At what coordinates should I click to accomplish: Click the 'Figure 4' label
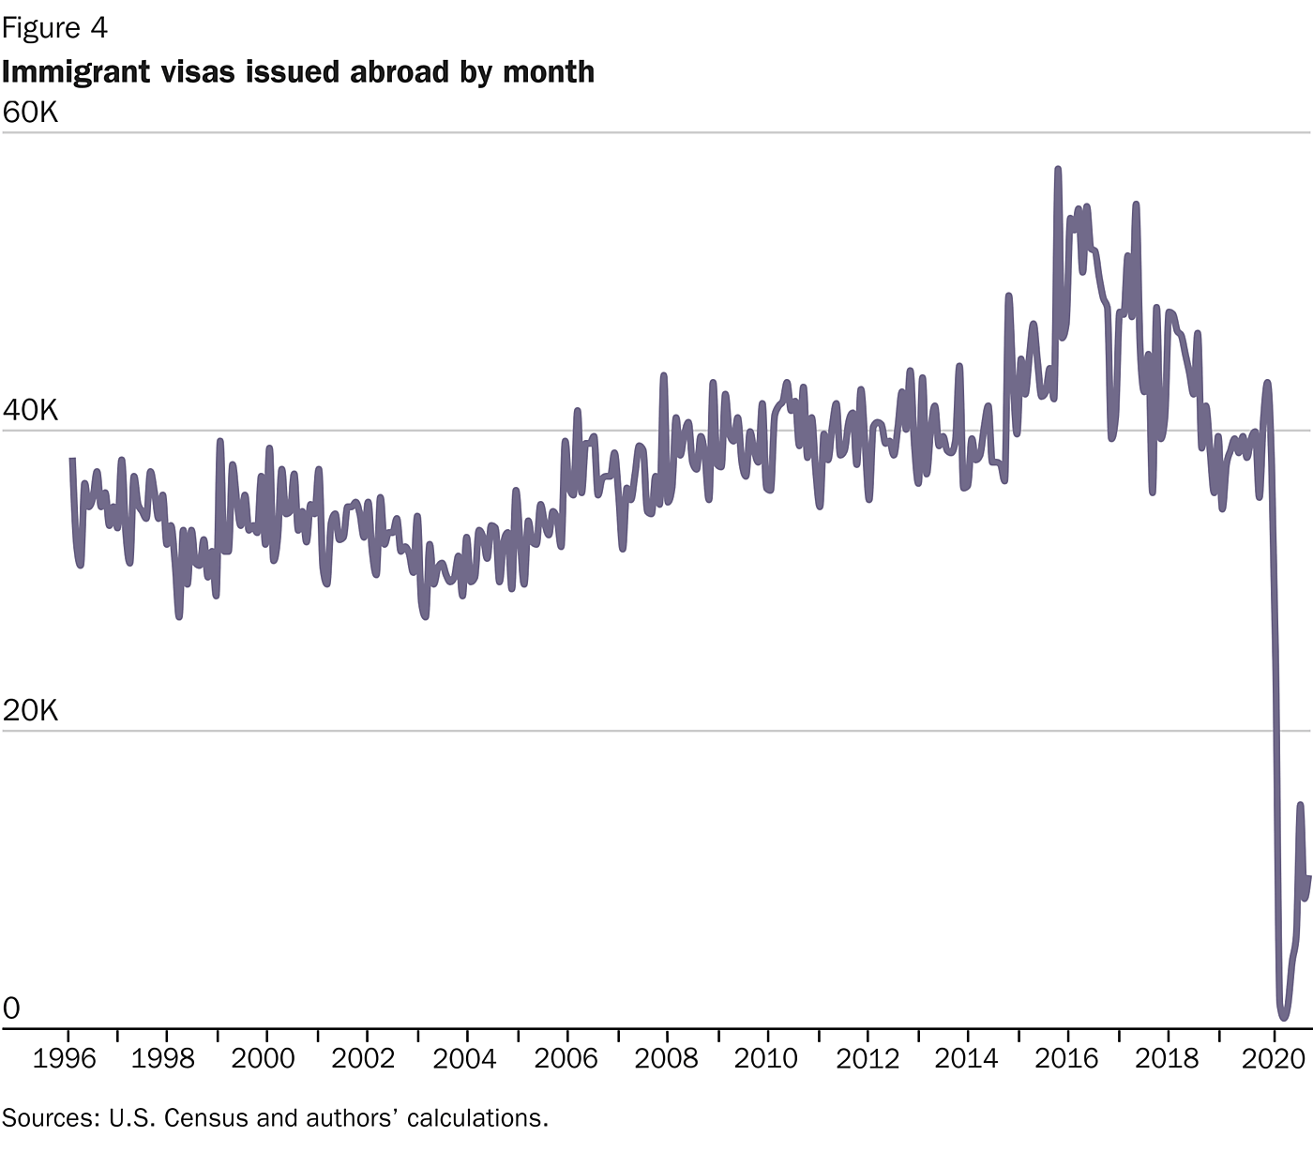(x=54, y=28)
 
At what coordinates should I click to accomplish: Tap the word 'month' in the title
(x=549, y=71)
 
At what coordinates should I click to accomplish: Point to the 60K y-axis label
(x=30, y=113)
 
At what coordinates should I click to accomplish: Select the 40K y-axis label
(x=30, y=411)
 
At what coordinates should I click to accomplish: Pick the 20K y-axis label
(x=30, y=711)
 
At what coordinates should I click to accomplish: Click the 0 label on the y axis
(x=11, y=1009)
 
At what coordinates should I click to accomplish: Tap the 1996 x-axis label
(x=64, y=1059)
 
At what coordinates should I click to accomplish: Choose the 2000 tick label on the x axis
(x=263, y=1059)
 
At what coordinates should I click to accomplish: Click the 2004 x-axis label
(x=464, y=1059)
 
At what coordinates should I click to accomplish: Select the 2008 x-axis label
(x=666, y=1059)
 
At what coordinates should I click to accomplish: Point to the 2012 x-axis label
(x=868, y=1059)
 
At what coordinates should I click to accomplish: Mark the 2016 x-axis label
(x=1066, y=1059)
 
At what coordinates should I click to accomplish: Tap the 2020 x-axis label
(x=1273, y=1059)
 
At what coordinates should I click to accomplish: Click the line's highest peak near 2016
(x=1058, y=170)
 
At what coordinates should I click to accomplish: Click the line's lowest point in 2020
(x=1283, y=1018)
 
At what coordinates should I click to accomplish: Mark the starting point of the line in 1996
(x=72, y=459)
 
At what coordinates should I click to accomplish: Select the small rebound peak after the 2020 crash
(x=1300, y=804)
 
